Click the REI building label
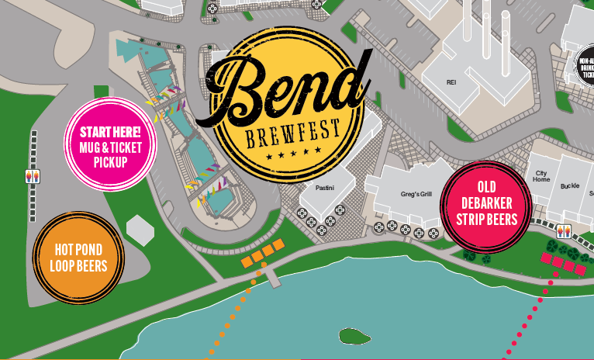[451, 81]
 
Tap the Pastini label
[324, 188]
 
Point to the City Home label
[540, 175]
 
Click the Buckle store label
[570, 185]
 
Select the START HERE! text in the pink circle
[109, 133]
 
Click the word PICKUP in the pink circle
[109, 162]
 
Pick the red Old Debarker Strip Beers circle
[485, 206]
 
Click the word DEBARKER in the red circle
[486, 203]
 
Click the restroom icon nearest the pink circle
[33, 176]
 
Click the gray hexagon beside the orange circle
[140, 230]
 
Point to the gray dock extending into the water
[271, 275]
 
